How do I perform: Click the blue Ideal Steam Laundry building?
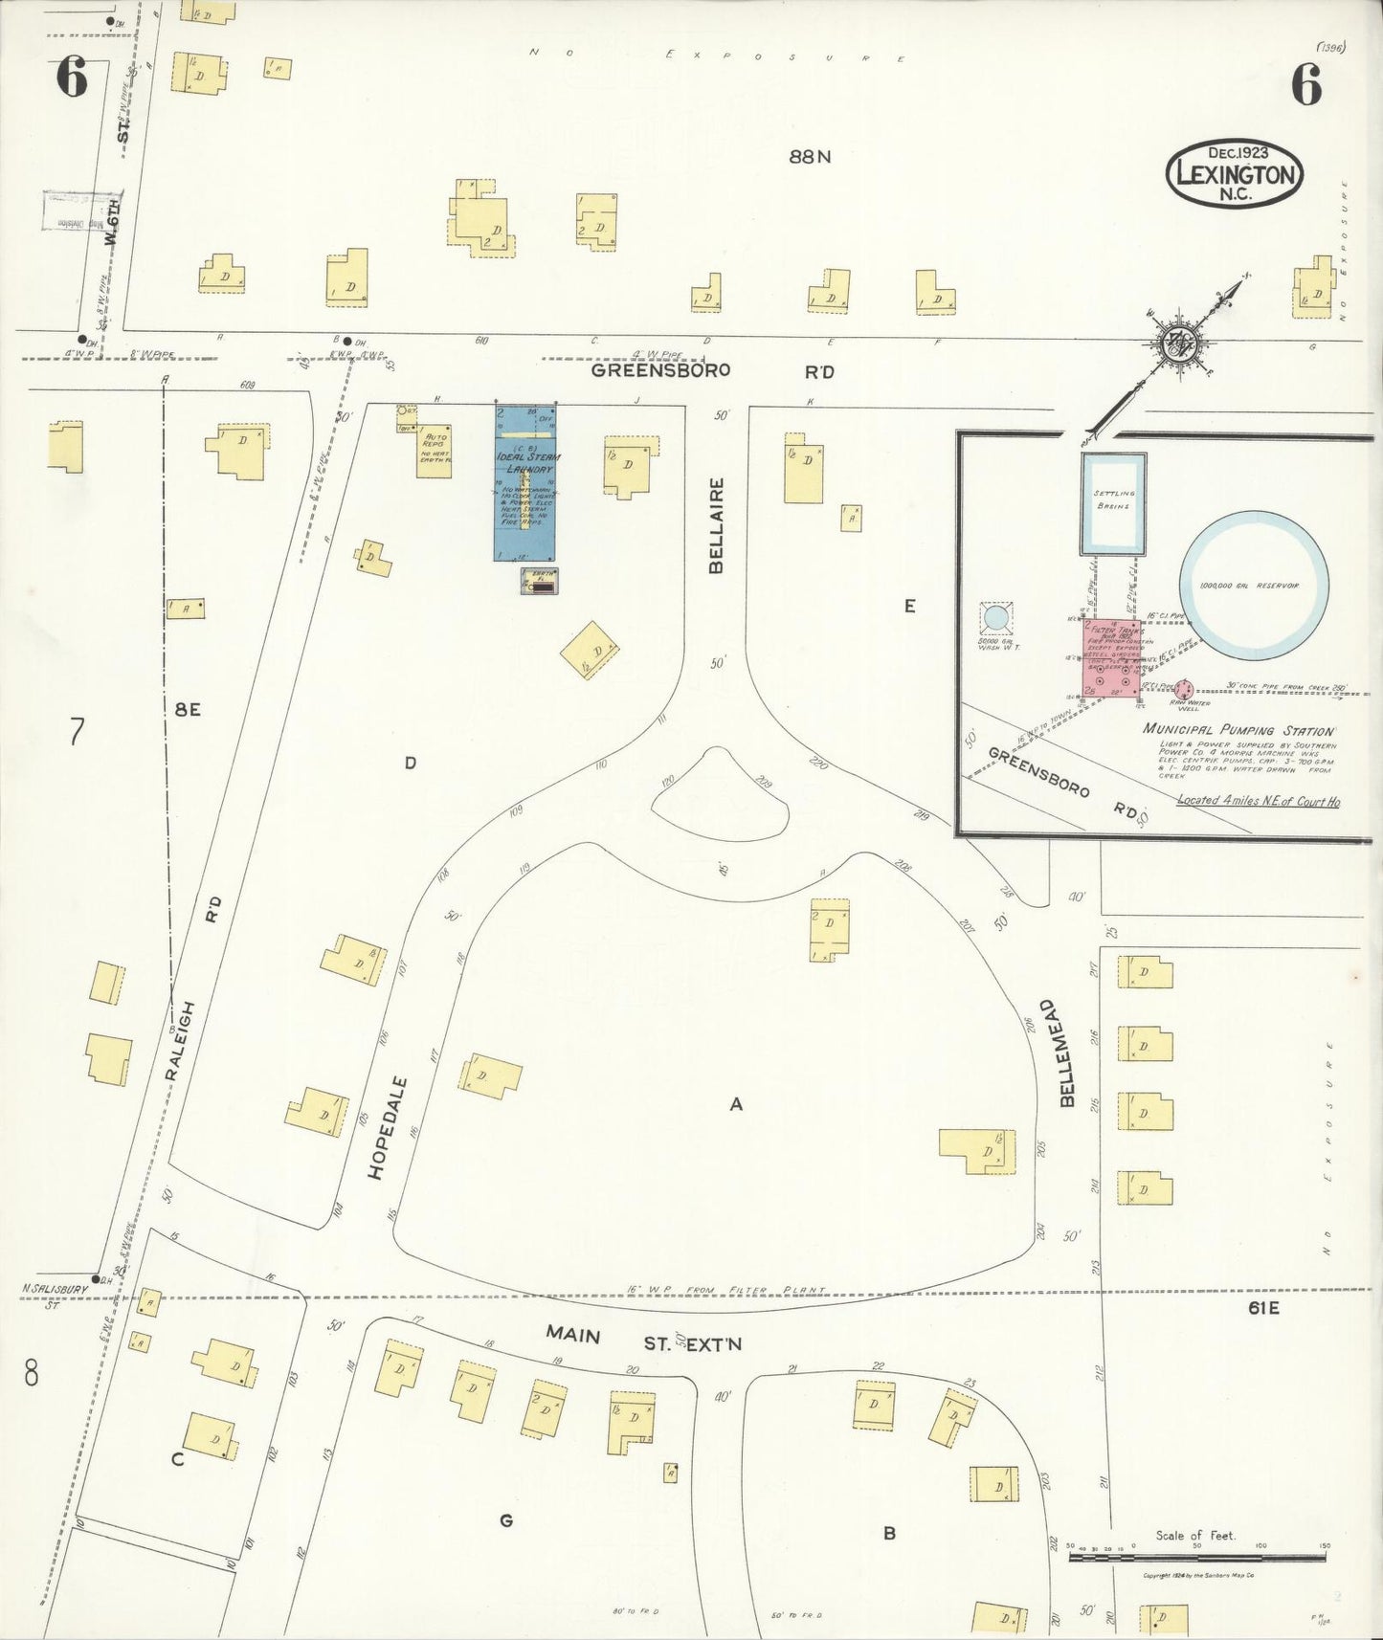524,483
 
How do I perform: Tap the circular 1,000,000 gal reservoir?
1253,586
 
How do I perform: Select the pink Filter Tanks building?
1110,658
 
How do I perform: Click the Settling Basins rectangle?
1113,503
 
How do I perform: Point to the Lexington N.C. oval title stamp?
1235,173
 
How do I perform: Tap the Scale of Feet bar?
1195,1557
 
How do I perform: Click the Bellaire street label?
716,525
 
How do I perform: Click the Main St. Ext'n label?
643,1338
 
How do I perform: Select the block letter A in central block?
736,1104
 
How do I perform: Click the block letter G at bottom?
506,1519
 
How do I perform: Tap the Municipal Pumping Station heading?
1238,729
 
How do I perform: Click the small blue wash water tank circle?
996,618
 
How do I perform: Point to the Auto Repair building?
435,451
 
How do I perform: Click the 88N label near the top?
810,156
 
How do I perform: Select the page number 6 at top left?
72,78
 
